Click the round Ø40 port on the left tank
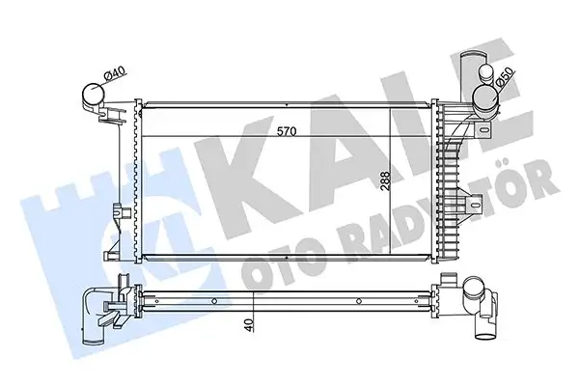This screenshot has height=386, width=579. (93, 96)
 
